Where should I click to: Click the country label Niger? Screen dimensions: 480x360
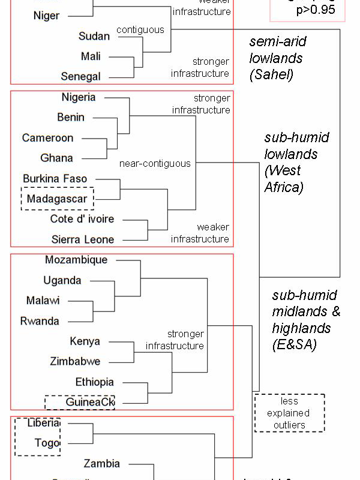(x=46, y=16)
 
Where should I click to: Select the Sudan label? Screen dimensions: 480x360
(x=94, y=36)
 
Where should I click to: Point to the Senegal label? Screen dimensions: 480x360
(x=81, y=77)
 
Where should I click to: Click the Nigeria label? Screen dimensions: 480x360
(x=79, y=97)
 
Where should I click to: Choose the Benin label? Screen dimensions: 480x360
(x=71, y=118)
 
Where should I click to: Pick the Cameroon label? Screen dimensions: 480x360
(x=48, y=138)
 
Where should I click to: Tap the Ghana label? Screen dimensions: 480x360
(x=57, y=158)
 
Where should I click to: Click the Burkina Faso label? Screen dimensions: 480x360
(x=55, y=179)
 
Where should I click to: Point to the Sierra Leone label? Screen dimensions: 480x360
(x=82, y=239)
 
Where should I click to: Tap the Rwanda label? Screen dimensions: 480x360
(x=40, y=321)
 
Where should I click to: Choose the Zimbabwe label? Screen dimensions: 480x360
(x=75, y=362)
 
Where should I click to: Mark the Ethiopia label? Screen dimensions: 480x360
(x=95, y=382)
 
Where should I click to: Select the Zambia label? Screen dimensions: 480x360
(x=102, y=464)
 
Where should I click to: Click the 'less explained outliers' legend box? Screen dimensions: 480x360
(x=289, y=413)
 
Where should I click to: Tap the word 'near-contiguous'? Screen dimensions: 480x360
(x=155, y=163)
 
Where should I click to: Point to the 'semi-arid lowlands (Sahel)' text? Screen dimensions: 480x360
(x=277, y=59)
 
